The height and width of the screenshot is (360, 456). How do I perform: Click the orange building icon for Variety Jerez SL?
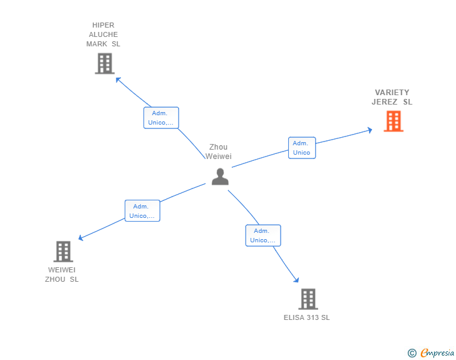click(393, 121)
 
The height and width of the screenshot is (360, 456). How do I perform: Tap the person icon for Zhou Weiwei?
click(220, 177)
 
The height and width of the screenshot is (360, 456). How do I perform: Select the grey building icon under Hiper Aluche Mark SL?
click(105, 63)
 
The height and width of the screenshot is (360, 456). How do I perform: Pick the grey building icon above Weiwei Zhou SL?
click(63, 252)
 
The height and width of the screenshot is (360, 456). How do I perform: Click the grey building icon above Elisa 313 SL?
click(308, 299)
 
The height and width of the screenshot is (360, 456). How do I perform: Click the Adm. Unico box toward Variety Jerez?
click(302, 148)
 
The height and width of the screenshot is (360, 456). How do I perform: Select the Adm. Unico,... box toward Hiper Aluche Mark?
click(161, 118)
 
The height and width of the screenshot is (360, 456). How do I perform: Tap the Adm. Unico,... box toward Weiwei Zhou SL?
click(143, 211)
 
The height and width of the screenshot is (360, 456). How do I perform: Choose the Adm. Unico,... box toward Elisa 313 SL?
click(263, 235)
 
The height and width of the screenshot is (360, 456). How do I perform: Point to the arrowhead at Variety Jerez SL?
click(370, 130)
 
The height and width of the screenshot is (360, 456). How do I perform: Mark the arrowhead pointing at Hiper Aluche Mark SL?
click(118, 80)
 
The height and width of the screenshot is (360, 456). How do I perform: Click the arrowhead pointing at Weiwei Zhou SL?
click(81, 238)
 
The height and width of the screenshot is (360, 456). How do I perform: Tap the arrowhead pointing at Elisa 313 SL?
click(297, 280)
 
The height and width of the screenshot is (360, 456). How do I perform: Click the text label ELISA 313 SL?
click(307, 317)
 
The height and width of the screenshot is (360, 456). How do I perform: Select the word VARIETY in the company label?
click(392, 93)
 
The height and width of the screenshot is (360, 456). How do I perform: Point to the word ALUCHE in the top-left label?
click(103, 34)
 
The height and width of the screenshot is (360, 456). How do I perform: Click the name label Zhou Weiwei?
click(219, 152)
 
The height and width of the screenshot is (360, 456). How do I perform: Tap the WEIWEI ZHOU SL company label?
click(61, 274)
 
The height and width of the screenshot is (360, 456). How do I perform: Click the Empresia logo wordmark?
click(437, 352)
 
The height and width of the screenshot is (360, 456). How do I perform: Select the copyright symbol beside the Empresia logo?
click(412, 353)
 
